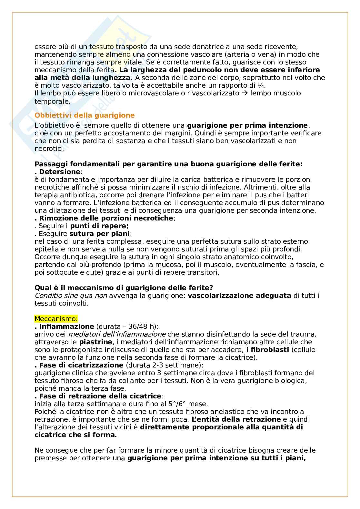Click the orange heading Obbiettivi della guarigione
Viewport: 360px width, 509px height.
click(85, 115)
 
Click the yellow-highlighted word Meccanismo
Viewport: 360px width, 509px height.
click(56, 318)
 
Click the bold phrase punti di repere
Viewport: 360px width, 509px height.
click(99, 226)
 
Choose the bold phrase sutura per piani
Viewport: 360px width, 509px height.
click(99, 234)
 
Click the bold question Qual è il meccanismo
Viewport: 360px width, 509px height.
click(124, 288)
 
